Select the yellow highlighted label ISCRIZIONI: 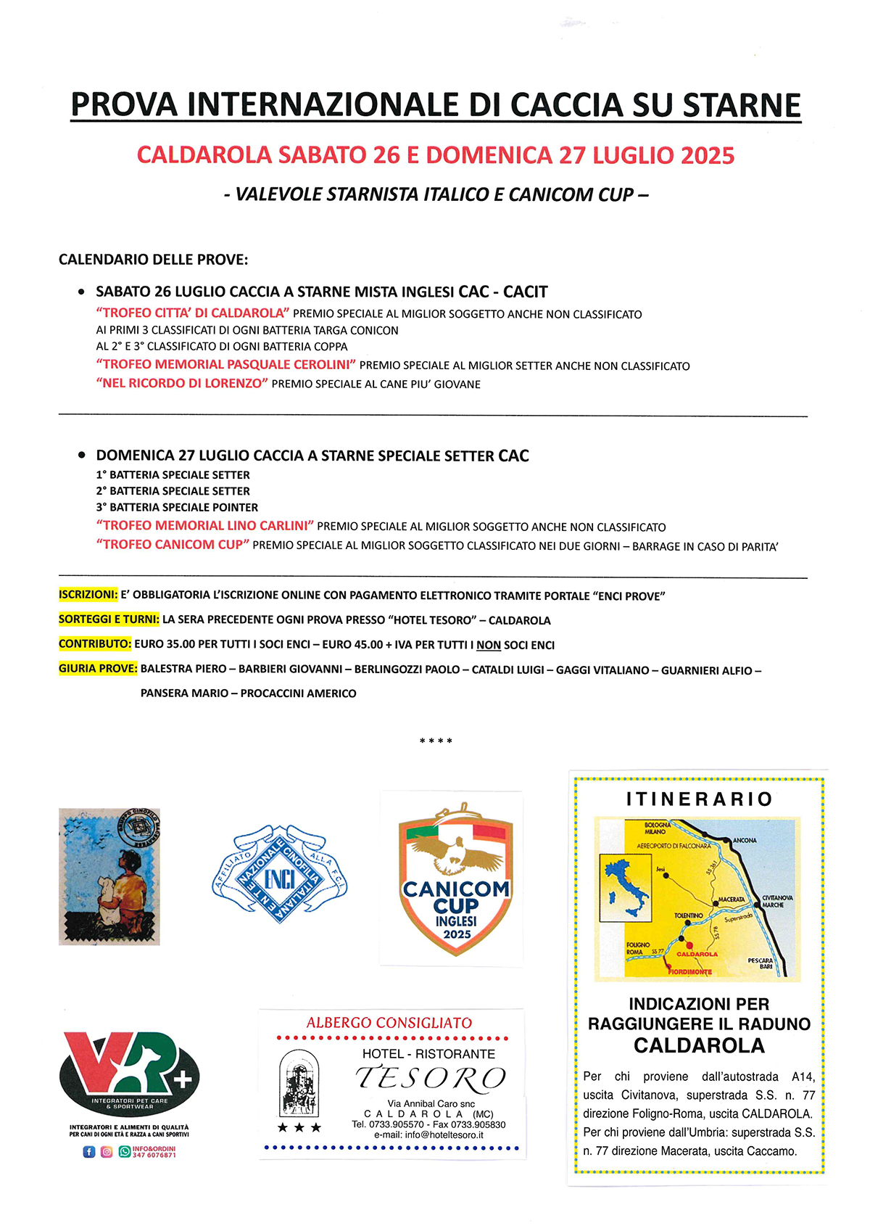88,595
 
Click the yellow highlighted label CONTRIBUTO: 95,644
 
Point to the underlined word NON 489,645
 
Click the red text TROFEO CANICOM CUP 173,545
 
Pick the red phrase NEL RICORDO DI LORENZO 181,383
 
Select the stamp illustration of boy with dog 109,876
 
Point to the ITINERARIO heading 699,799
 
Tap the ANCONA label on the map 745,841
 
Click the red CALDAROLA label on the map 697,954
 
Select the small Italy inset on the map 625,887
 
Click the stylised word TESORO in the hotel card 431,1079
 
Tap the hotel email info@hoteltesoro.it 428,1135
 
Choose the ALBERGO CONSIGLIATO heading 389,1023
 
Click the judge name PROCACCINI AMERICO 298,693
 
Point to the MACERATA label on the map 731,899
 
